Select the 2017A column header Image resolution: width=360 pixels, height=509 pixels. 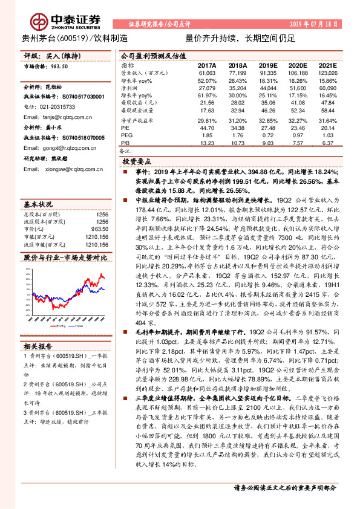coord(206,64)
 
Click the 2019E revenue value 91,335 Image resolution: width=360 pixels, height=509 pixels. coord(269,72)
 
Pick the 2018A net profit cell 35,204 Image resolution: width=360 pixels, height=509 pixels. coord(238,87)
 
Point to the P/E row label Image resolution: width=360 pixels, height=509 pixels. coord(125,128)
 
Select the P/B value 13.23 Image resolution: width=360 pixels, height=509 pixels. coord(207,143)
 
